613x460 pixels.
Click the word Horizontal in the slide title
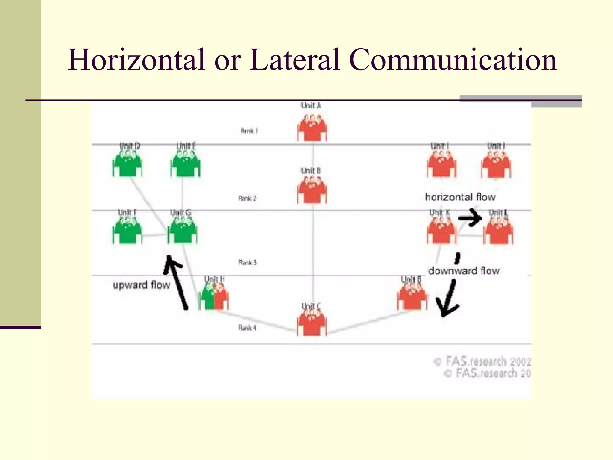click(136, 60)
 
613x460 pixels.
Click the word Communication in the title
click(453, 60)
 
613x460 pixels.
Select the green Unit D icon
click(128, 164)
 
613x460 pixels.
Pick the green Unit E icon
click(186, 164)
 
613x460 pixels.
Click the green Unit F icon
click(128, 231)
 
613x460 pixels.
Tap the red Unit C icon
click(312, 322)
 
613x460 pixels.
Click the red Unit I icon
click(441, 164)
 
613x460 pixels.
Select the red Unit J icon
click(496, 164)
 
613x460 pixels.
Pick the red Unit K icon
click(441, 231)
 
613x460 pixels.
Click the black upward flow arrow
click(177, 282)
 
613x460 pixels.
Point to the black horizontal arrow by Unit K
click(470, 218)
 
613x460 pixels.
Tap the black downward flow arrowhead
click(447, 307)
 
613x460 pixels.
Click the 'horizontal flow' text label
click(460, 197)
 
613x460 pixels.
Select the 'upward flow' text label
click(141, 285)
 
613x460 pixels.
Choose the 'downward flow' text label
click(464, 271)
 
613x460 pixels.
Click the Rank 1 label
click(249, 131)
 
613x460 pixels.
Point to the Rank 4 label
click(247, 328)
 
